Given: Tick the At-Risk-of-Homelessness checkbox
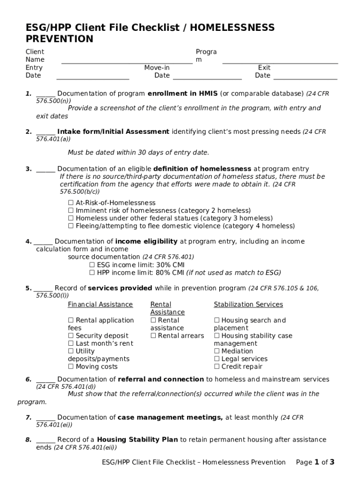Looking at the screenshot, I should (x=71, y=203).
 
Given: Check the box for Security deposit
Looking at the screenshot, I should (x=71, y=336).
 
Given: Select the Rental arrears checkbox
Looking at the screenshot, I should (x=153, y=336).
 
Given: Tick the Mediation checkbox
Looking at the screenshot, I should (x=217, y=351).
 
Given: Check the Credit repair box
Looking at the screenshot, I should (x=217, y=367).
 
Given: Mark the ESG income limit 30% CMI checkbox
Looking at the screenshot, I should (x=92, y=265).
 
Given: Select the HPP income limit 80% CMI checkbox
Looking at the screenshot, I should (x=92, y=273).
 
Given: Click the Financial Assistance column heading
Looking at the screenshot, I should (x=100, y=305).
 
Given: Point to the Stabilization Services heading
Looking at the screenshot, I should (x=248, y=305).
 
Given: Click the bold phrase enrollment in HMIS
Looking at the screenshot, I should (x=182, y=94).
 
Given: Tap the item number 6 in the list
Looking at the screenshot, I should (x=29, y=379).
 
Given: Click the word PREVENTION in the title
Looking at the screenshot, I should (x=59, y=39).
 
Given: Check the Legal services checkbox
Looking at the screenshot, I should (x=217, y=359).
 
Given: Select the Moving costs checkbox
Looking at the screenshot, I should (x=71, y=367).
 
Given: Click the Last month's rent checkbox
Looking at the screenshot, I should (x=71, y=343).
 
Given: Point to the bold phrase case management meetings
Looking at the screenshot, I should (x=170, y=417).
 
